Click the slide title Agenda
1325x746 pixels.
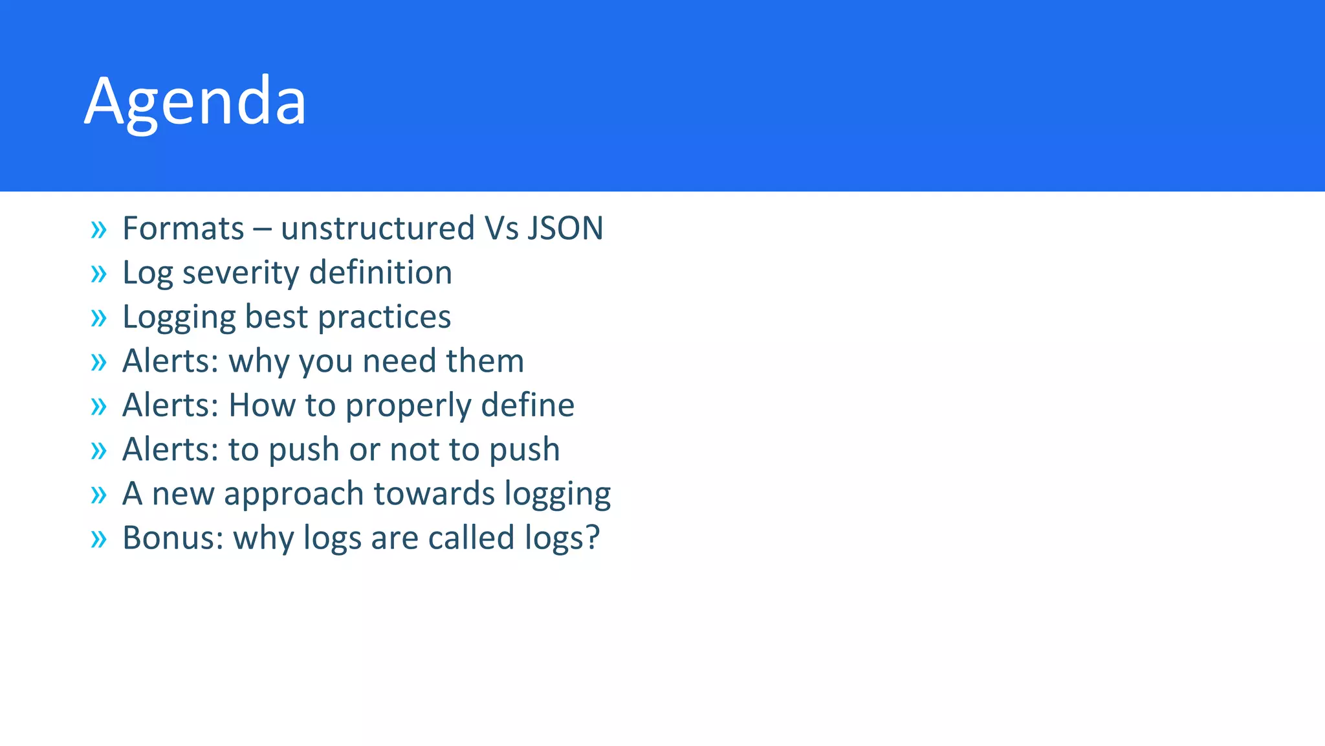195,102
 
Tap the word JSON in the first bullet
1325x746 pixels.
565,229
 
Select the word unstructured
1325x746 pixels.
378,229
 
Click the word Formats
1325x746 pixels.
183,229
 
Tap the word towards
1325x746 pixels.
434,493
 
